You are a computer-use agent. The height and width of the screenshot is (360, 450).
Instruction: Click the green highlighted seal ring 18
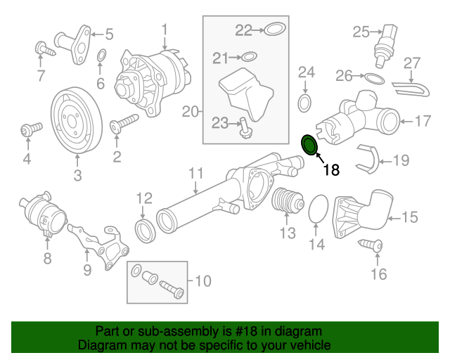click(x=309, y=145)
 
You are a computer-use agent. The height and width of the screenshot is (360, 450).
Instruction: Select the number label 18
click(x=331, y=169)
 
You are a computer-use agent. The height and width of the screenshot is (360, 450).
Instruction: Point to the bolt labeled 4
click(x=29, y=130)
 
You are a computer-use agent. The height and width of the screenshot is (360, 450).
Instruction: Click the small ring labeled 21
click(x=250, y=57)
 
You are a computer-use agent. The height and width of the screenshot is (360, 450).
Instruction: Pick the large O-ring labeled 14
click(x=319, y=210)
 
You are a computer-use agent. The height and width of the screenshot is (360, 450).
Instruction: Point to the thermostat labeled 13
click(x=286, y=203)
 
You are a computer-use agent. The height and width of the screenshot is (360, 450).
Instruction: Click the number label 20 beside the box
click(x=191, y=110)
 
